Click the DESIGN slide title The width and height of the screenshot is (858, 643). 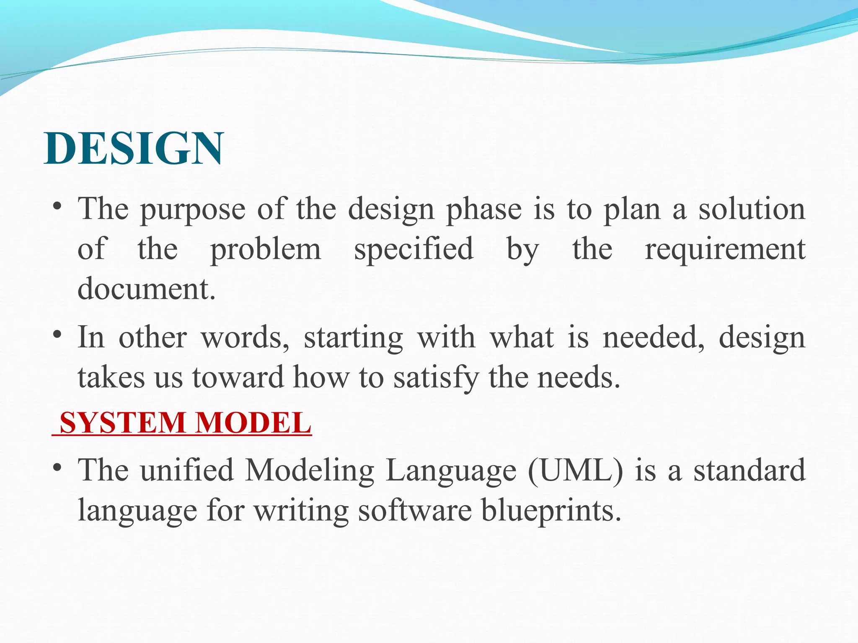point(133,149)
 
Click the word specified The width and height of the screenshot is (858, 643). point(414,249)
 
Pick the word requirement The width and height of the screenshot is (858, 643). point(725,249)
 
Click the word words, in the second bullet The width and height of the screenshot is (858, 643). point(245,337)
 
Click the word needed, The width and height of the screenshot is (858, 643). point(654,337)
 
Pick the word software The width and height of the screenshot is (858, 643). point(415,511)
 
